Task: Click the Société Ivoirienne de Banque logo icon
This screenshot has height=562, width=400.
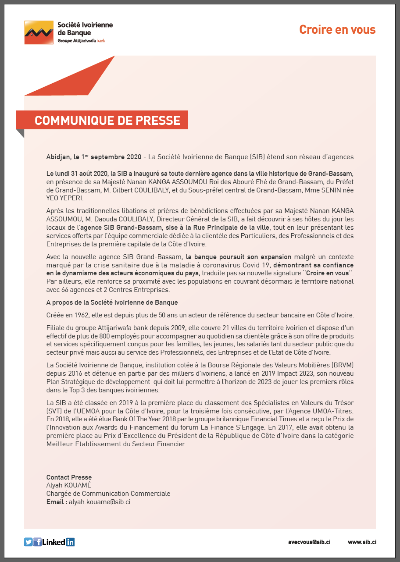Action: click(x=39, y=32)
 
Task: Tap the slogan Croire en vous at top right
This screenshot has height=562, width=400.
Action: click(x=337, y=30)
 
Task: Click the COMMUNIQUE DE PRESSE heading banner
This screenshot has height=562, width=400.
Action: click(x=107, y=121)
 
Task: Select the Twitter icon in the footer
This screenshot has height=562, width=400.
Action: click(x=29, y=542)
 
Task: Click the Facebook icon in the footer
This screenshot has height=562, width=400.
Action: click(x=38, y=542)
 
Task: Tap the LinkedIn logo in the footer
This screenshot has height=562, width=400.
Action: click(x=59, y=542)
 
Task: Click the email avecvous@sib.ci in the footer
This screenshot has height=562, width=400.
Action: click(x=309, y=542)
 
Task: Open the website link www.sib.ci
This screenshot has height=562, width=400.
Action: click(x=362, y=542)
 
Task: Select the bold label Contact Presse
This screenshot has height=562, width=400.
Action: click(x=69, y=477)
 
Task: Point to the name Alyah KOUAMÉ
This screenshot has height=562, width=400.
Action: click(x=68, y=485)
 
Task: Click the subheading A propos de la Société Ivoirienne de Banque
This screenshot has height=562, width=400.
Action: click(x=112, y=302)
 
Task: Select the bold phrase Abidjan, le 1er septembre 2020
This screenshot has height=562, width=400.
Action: click(x=94, y=157)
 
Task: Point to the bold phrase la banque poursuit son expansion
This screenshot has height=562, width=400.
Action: click(x=239, y=257)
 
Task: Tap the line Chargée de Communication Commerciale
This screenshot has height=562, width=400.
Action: click(x=108, y=494)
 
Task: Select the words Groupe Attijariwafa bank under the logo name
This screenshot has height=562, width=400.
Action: click(x=81, y=40)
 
